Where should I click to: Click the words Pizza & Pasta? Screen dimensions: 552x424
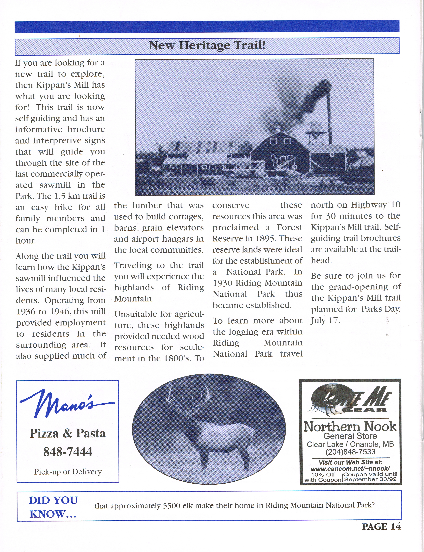click(68, 433)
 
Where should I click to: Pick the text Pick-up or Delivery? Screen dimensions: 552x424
click(68, 471)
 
